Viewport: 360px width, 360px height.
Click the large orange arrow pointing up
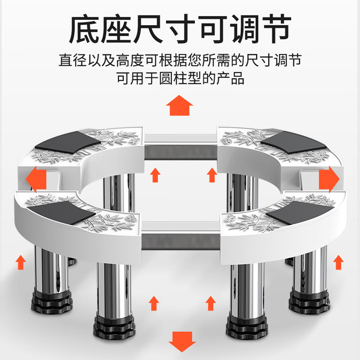(180, 106)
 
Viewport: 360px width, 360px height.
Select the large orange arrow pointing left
(36, 179)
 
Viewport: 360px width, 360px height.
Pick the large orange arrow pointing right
(328, 179)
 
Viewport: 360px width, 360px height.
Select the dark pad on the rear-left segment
(67, 141)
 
